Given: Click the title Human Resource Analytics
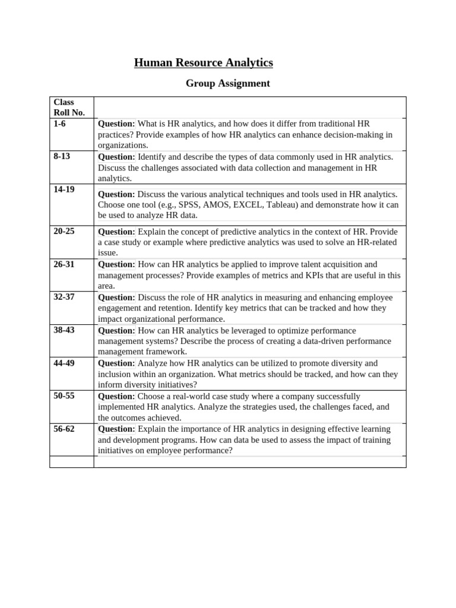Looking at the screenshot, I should coord(203,62).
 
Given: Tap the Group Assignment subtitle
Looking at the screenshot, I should coord(227,84).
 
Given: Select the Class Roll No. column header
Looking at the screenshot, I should coord(69,107).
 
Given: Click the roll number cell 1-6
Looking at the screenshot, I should coord(60,123).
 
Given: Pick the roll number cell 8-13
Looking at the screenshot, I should coord(62,157).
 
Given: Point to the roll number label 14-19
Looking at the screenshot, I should coord(64,190).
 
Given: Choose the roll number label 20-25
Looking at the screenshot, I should coord(64,231).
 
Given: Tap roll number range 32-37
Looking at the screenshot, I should coord(64,297).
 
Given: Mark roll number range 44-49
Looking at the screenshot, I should coord(64,363).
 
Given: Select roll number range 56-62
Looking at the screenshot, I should coord(64,429).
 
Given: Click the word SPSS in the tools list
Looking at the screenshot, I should coord(190,205).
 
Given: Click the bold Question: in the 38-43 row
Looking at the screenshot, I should coord(116,330).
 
